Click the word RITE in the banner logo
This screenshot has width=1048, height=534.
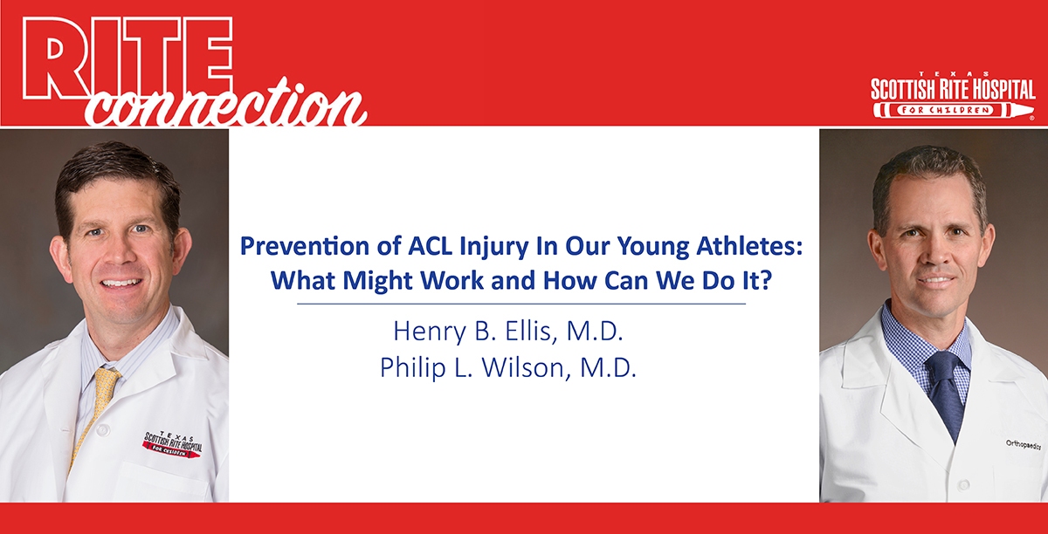pos(128,58)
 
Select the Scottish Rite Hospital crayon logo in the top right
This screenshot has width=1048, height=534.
pos(953,95)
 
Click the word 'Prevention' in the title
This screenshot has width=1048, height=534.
pos(305,246)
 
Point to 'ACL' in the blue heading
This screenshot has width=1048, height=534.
pos(430,246)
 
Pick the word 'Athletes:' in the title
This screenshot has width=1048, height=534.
pos(749,246)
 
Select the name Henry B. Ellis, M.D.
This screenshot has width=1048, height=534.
pos(508,331)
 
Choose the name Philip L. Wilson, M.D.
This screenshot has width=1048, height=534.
pos(508,367)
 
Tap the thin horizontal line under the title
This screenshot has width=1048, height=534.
pos(521,304)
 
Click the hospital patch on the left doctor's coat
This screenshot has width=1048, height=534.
pos(172,445)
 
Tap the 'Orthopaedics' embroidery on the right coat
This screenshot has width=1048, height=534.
pos(1024,445)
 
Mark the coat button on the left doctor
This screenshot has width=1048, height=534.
pos(102,428)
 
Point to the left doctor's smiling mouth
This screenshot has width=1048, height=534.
pos(121,283)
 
